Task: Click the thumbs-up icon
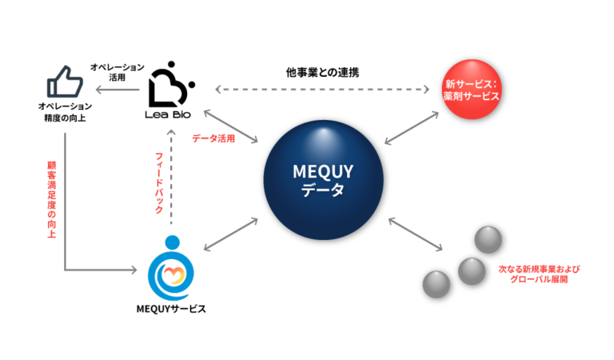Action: coord(66,82)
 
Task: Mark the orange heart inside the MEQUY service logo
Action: coord(172,274)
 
